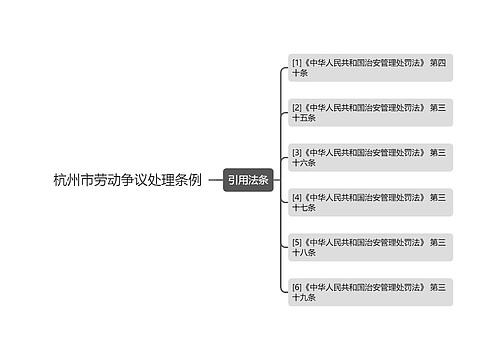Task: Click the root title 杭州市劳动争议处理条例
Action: pyautogui.click(x=127, y=181)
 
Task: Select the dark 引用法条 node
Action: pyautogui.click(x=248, y=181)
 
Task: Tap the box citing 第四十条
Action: pyautogui.click(x=370, y=68)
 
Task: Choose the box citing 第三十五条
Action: pyautogui.click(x=370, y=113)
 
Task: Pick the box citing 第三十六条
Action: pyautogui.click(x=370, y=158)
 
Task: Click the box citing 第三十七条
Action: pyautogui.click(x=370, y=203)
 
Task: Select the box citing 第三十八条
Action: pyautogui.click(x=370, y=248)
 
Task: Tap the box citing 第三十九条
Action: pyautogui.click(x=370, y=292)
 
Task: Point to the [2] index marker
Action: pyautogui.click(x=297, y=107)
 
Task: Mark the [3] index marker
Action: pyautogui.click(x=297, y=152)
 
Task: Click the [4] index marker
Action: pyautogui.click(x=297, y=197)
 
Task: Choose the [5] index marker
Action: pyautogui.click(x=297, y=242)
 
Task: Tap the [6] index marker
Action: pyautogui.click(x=297, y=287)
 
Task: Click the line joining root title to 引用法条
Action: pyautogui.click(x=215, y=181)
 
